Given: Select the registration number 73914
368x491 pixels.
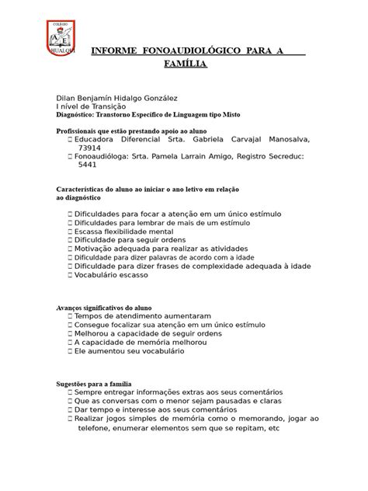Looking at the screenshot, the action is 89,148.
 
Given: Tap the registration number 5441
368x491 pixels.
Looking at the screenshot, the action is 87,165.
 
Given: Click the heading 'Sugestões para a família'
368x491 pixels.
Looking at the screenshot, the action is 94,385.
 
